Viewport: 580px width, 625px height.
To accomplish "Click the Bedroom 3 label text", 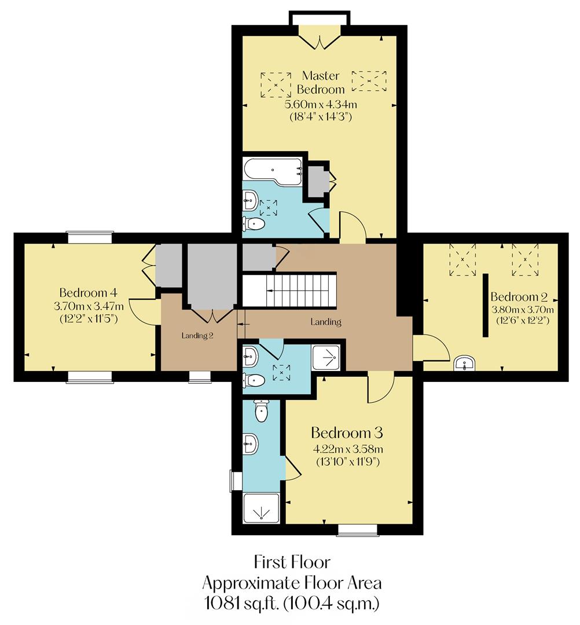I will point(347,433).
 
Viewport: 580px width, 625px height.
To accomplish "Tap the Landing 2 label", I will point(197,335).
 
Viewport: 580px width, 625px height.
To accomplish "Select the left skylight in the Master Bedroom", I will point(276,84).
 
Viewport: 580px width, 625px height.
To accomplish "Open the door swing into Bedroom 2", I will point(432,351).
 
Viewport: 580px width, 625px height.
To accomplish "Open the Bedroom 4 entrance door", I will point(142,312).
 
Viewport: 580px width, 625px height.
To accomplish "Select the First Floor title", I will point(292,562).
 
